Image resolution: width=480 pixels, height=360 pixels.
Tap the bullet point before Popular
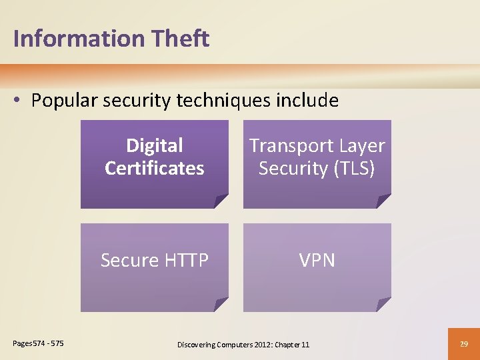18,101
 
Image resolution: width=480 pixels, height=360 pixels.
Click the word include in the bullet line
307,101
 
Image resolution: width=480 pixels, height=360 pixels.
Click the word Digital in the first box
154,145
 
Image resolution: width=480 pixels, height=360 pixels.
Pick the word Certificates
154,168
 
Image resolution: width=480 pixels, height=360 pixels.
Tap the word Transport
291,145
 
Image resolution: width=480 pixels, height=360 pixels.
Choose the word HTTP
183,260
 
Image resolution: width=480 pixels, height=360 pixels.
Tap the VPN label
317,260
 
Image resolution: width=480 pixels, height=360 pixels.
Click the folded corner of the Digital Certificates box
221,201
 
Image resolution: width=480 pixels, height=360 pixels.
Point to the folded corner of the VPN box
383,304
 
